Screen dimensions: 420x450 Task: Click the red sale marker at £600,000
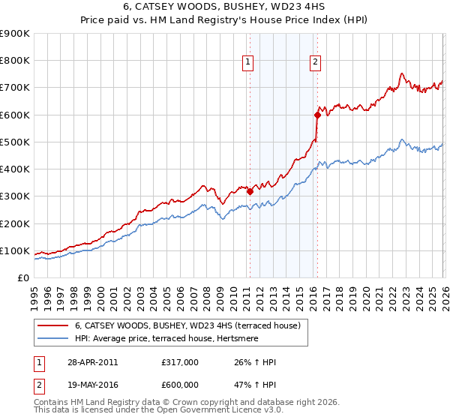click(x=317, y=115)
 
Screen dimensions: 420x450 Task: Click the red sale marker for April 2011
click(x=250, y=191)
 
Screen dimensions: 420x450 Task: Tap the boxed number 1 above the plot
click(x=247, y=62)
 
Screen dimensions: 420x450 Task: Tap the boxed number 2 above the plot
click(x=315, y=62)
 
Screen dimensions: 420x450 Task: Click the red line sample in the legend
click(x=52, y=325)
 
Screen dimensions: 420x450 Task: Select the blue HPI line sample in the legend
click(x=52, y=338)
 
